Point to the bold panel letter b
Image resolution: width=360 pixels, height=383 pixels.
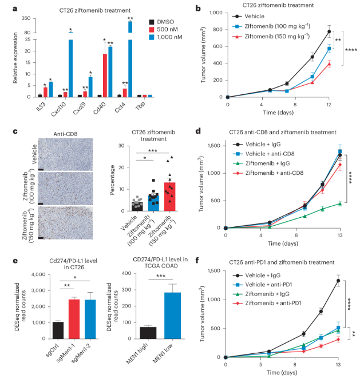click(x=198, y=9)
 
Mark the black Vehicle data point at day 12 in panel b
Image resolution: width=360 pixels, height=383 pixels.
click(x=329, y=32)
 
